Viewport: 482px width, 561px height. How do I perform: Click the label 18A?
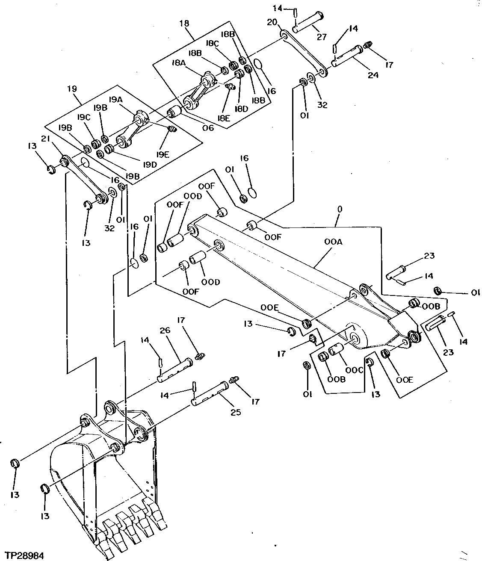[179, 62]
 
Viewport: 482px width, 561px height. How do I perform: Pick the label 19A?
[115, 99]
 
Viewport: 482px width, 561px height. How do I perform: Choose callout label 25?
[236, 412]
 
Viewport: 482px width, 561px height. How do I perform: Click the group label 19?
[71, 89]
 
